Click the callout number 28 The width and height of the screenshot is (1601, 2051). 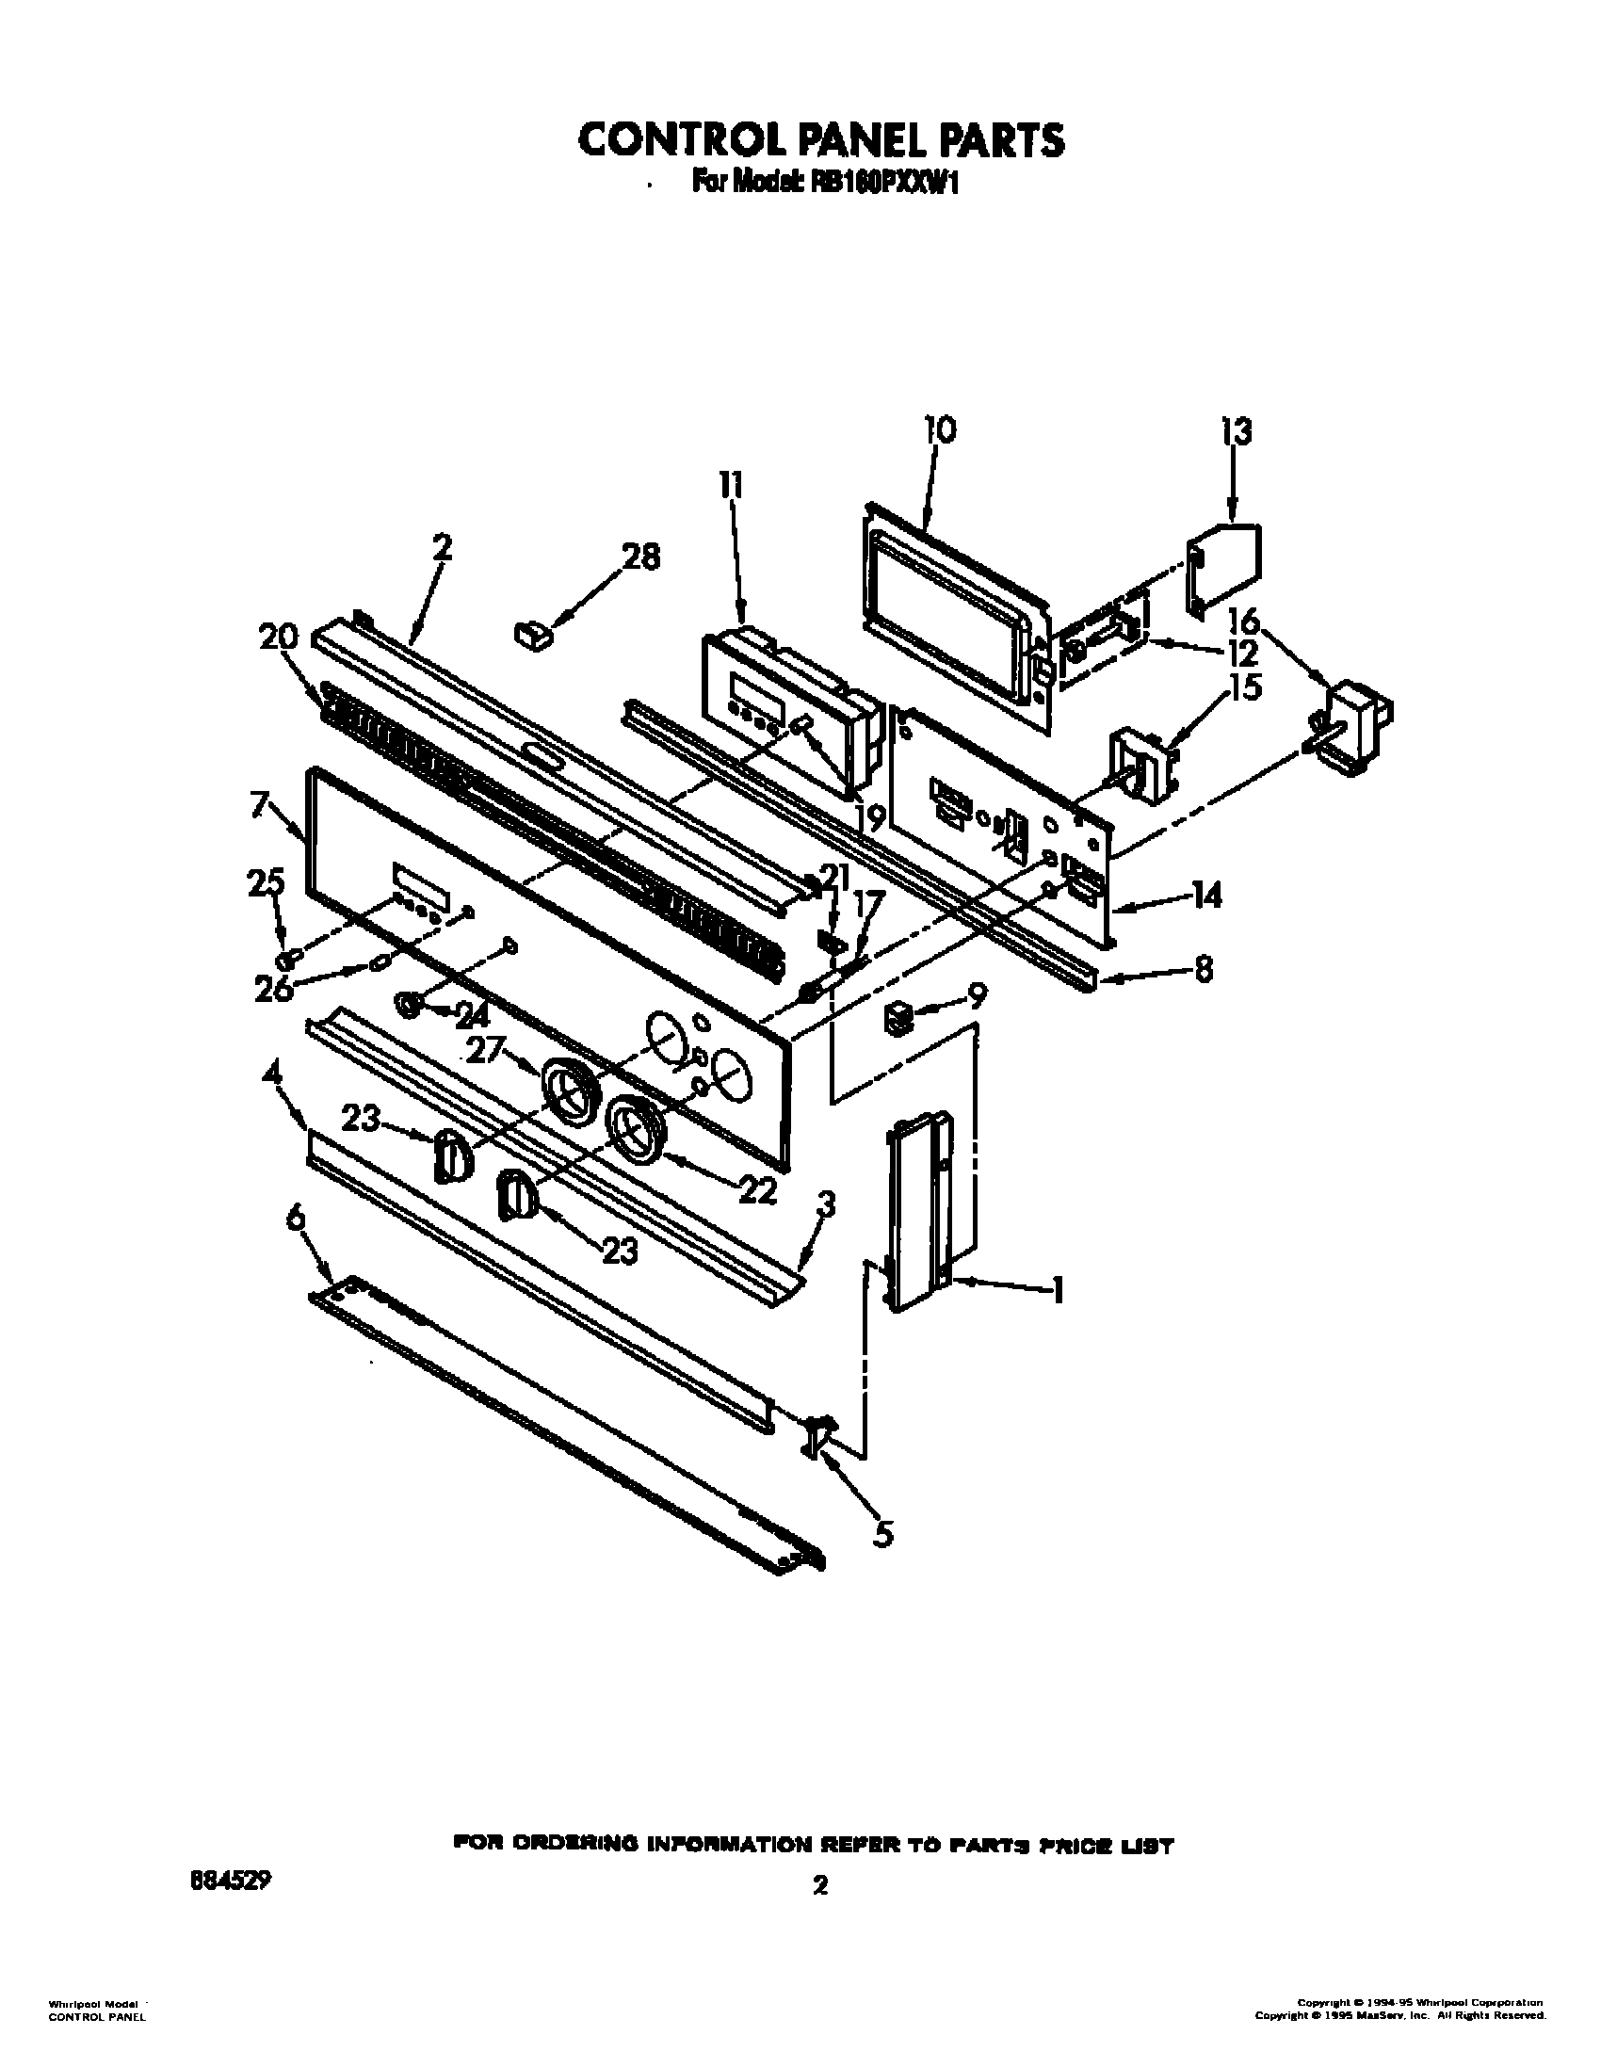640,557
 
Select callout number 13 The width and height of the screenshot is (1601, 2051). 1237,433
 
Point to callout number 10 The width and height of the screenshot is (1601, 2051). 939,429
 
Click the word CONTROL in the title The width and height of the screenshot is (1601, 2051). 671,139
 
